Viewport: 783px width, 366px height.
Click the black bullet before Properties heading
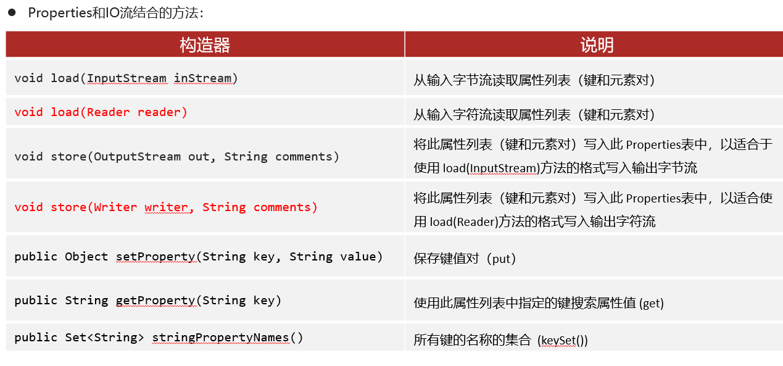click(12, 12)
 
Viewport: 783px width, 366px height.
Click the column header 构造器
click(205, 44)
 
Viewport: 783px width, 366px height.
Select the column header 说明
click(597, 44)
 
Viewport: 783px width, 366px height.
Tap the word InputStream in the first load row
click(126, 78)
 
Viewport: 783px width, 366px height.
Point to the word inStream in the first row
click(203, 78)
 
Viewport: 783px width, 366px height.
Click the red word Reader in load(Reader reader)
click(108, 112)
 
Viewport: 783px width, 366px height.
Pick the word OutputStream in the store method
click(137, 156)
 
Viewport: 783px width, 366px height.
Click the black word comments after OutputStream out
click(304, 156)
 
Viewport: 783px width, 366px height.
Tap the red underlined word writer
click(166, 207)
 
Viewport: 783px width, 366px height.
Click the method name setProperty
click(155, 257)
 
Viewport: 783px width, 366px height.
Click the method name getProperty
click(155, 301)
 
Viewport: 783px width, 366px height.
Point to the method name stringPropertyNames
click(220, 338)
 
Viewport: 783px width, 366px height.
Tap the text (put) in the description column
click(502, 259)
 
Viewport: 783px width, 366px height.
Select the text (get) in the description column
click(651, 303)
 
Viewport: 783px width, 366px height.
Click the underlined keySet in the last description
click(558, 340)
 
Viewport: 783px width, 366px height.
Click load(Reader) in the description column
click(464, 222)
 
